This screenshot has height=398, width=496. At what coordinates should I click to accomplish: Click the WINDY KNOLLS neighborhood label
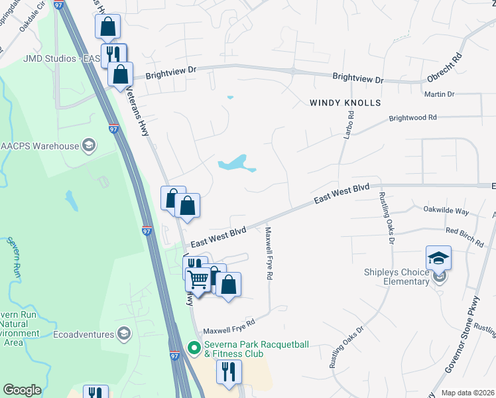click(345, 103)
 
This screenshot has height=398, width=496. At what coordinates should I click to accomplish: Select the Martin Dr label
click(440, 94)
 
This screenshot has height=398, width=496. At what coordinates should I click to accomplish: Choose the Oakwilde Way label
click(446, 210)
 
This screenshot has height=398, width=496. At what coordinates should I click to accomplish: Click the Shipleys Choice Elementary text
click(397, 277)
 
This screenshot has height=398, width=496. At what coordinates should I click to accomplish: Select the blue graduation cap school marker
click(438, 257)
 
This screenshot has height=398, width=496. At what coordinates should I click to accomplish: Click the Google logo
click(22, 390)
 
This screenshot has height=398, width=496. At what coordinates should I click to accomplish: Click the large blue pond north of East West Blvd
click(235, 163)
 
